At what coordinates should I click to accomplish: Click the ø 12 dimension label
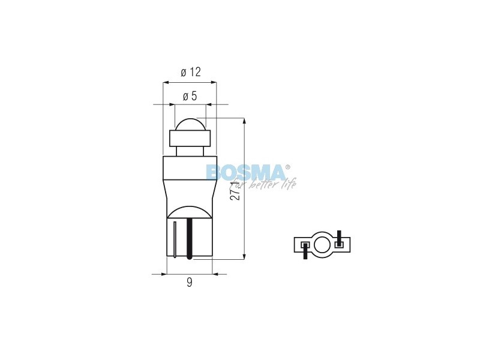pyautogui.click(x=191, y=72)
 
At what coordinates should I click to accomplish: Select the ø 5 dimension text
pyautogui.click(x=190, y=97)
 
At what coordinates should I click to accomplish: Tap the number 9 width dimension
pyautogui.click(x=190, y=282)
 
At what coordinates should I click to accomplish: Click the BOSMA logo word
pyautogui.click(x=245, y=172)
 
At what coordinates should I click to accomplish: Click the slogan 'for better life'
pyautogui.click(x=263, y=184)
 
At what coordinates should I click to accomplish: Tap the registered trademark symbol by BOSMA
pyautogui.click(x=287, y=167)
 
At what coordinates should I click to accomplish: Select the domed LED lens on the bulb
pyautogui.click(x=190, y=124)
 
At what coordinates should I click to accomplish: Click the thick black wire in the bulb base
pyautogui.click(x=189, y=239)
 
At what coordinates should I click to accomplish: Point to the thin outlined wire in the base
pyautogui.click(x=175, y=239)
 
